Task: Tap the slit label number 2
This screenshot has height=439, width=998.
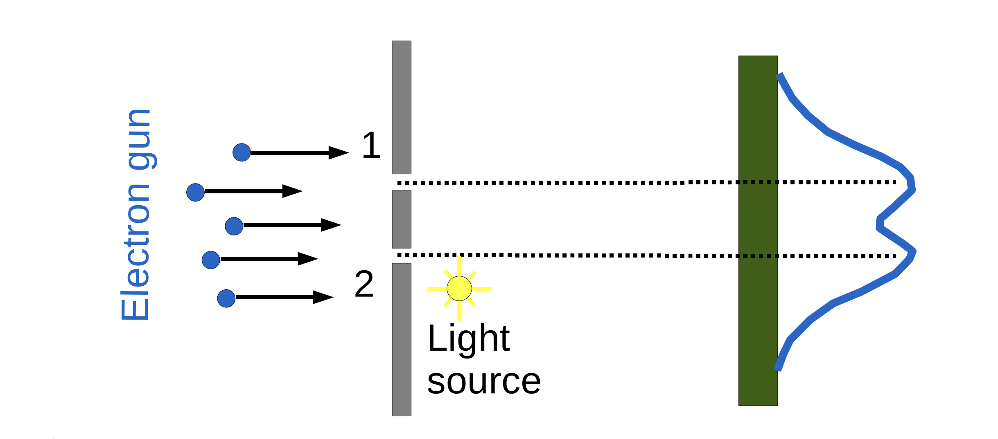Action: coord(364,284)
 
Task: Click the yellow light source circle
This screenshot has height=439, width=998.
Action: coord(459,288)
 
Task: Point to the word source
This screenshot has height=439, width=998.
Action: coord(484,382)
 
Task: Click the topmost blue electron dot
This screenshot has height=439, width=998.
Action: coord(242,152)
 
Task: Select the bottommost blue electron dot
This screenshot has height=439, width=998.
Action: coord(226,298)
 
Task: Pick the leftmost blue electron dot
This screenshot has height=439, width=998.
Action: coord(195,192)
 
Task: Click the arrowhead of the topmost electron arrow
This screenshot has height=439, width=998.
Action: coord(339,152)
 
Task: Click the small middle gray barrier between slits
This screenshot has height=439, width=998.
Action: coord(402,219)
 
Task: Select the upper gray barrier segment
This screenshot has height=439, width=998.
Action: coord(402,107)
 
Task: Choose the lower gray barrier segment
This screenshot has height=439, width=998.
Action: coord(402,339)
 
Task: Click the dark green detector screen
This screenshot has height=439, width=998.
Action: coord(758,231)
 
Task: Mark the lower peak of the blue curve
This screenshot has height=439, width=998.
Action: coord(913,251)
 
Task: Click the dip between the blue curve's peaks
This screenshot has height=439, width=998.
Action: coord(879,223)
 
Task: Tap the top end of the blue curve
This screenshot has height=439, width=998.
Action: coord(779,75)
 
